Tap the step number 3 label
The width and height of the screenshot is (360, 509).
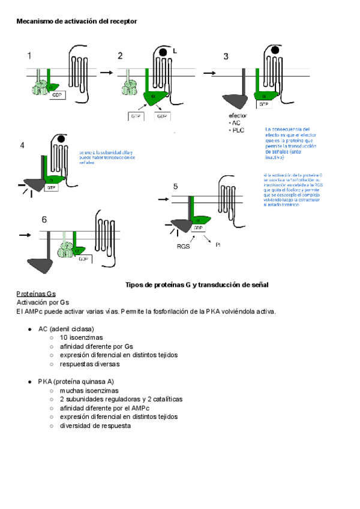(x=226, y=56)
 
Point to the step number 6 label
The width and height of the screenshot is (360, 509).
(x=44, y=220)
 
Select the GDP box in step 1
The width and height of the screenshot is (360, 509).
(x=57, y=95)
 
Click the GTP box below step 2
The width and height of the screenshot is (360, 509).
(x=136, y=116)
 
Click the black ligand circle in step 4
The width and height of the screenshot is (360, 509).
(x=61, y=139)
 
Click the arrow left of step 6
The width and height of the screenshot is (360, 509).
(x=24, y=235)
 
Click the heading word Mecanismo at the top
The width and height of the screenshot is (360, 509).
(x=35, y=22)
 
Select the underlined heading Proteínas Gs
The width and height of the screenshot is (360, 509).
(x=35, y=294)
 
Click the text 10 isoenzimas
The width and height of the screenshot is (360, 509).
(x=81, y=338)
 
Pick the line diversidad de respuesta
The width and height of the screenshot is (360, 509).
(x=95, y=426)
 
